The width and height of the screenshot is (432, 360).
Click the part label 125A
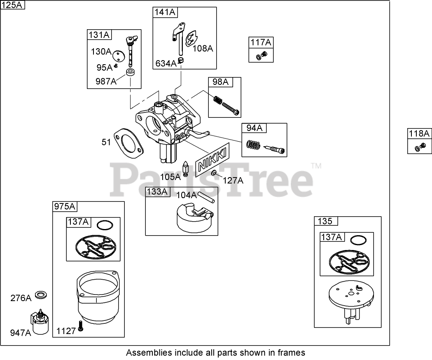point(13,5)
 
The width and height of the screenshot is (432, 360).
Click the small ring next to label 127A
point(215,173)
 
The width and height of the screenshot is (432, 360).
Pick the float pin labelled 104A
point(206,196)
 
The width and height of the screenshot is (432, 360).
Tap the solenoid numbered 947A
point(40,321)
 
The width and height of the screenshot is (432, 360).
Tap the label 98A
point(220,82)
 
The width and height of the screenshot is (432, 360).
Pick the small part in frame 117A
point(262,56)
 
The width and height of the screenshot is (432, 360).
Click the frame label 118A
point(419,133)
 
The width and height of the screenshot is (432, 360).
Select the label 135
point(325,221)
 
